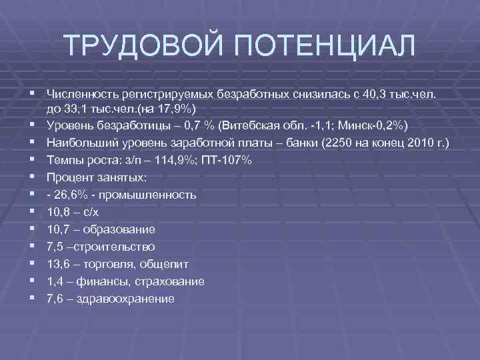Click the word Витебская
tap(258, 125)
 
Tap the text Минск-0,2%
tap(374, 125)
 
